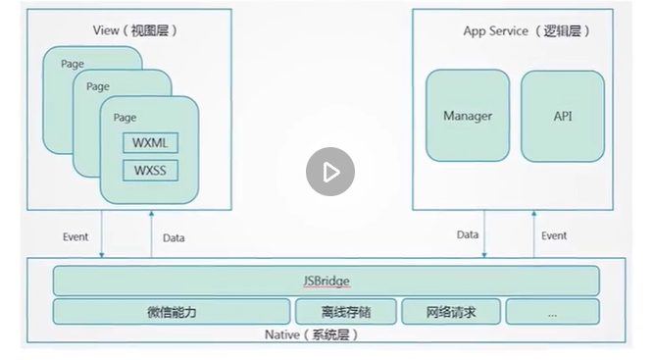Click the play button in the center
[x=330, y=172]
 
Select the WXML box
[x=150, y=143]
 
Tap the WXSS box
[x=150, y=171]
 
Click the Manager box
[x=468, y=116]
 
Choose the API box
[x=563, y=116]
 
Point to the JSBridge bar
[x=326, y=281]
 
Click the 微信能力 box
[x=172, y=312]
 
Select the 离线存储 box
[x=346, y=312]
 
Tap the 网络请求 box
[x=451, y=312]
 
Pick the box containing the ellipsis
[x=553, y=312]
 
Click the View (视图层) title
[x=135, y=30]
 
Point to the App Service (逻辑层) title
[x=527, y=30]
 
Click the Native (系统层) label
[x=312, y=334]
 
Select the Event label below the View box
[x=75, y=236]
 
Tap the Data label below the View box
[x=174, y=238]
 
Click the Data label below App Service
[x=468, y=234]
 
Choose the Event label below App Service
[x=554, y=235]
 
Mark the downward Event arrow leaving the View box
[x=102, y=233]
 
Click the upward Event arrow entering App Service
[x=534, y=233]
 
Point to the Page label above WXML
[x=125, y=118]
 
